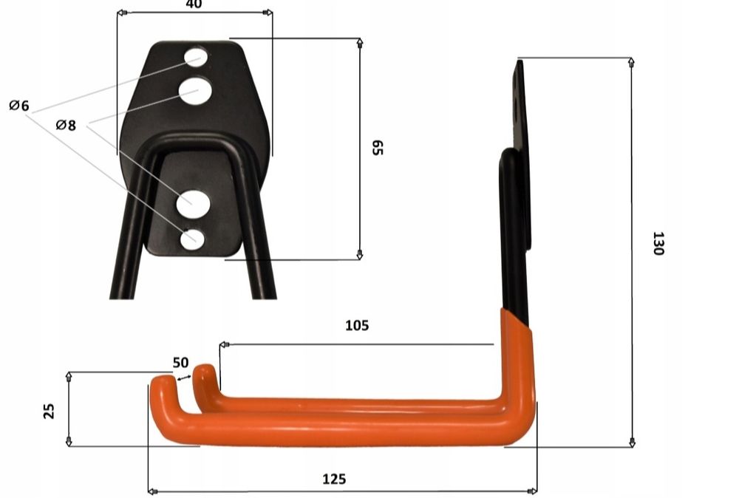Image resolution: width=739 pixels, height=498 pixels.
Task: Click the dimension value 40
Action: pos(194,4)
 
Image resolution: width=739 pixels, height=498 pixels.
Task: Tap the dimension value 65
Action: pos(378,148)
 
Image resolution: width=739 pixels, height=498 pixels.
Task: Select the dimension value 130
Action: pos(658,243)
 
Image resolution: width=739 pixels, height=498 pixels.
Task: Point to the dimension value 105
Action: pos(357,326)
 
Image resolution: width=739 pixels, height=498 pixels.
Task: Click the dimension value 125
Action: pos(334,479)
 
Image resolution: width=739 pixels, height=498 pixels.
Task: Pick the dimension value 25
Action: pos(49,411)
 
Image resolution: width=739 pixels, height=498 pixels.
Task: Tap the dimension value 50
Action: pos(180,363)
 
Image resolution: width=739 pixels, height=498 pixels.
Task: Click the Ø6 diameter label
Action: pos(19,106)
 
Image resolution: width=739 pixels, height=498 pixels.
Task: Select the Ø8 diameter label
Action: pos(66,125)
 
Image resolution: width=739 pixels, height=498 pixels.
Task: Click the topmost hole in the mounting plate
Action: pos(196,57)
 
